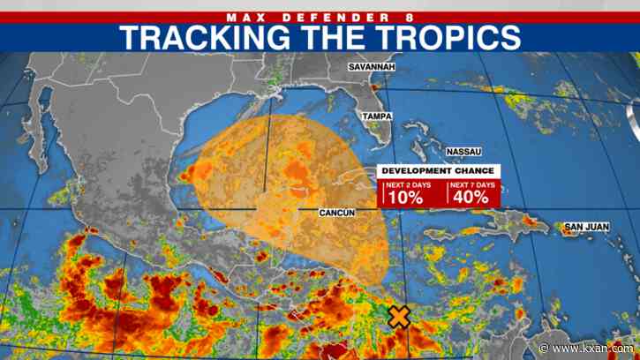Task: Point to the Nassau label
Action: click(x=464, y=152)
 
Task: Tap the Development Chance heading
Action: click(x=439, y=171)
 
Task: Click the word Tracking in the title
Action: click(x=220, y=36)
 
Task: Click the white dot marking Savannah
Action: click(x=371, y=78)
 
